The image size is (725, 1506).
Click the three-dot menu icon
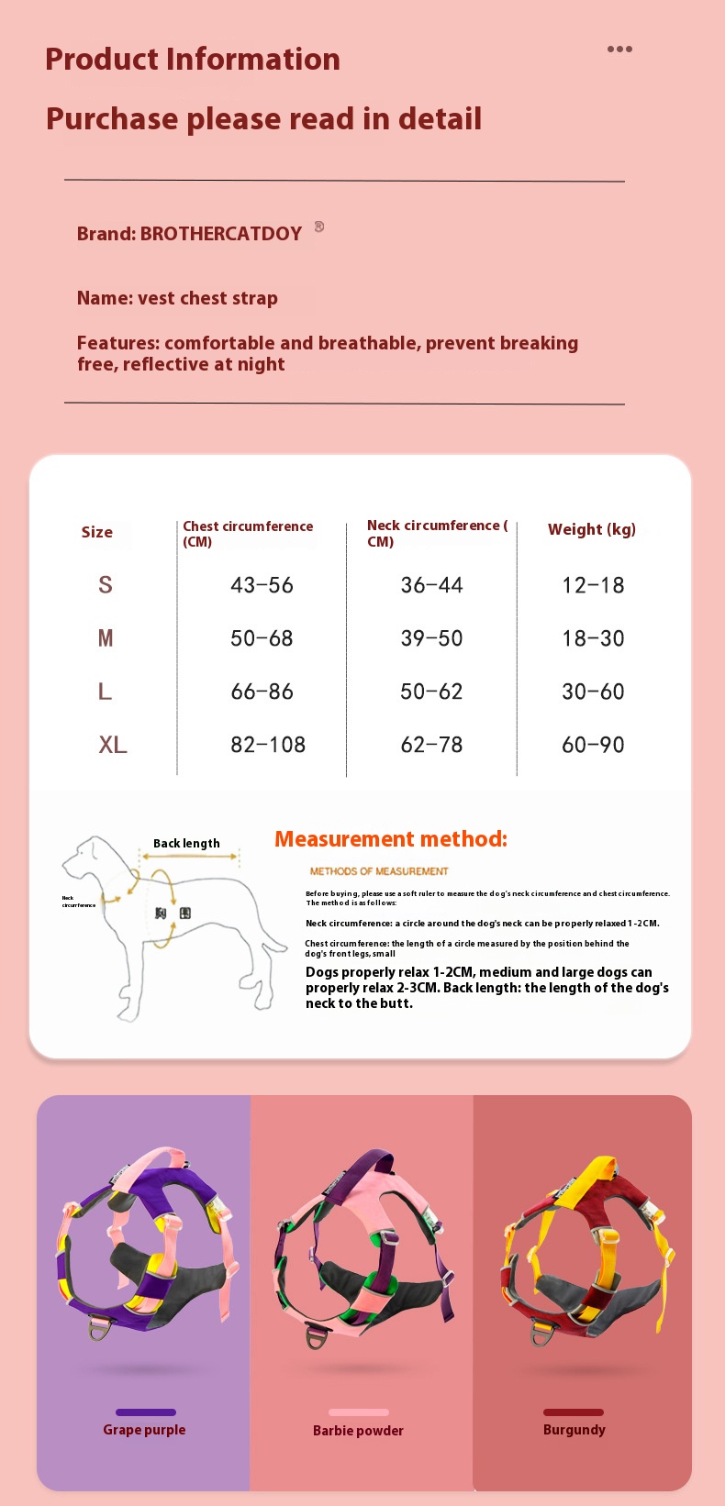(619, 50)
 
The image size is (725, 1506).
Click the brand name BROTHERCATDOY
(220, 234)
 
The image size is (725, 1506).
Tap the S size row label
(106, 585)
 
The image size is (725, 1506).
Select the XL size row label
(112, 745)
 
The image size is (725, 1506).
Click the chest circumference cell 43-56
(262, 585)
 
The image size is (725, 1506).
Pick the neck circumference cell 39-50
(431, 638)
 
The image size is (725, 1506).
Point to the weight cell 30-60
(593, 692)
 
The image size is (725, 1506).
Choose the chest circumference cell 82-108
(268, 745)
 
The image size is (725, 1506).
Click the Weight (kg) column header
(592, 529)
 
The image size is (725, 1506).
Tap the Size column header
(97, 532)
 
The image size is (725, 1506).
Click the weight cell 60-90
(593, 745)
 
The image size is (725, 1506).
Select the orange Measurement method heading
(391, 839)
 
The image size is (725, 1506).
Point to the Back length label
(186, 844)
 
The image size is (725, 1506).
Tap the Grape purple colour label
(144, 1430)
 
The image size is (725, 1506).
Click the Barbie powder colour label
(358, 1431)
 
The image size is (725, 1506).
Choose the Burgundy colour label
(574, 1430)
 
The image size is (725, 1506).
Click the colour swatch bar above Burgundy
(574, 1412)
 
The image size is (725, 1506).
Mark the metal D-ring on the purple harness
(99, 1327)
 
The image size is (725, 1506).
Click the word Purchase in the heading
(112, 119)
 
